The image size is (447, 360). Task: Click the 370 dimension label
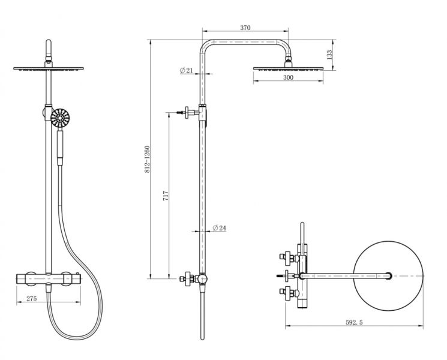(245, 28)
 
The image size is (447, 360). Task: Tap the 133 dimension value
(329, 55)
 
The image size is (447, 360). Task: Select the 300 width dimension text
(288, 77)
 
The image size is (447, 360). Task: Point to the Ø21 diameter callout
(187, 70)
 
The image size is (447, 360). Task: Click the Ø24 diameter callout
(219, 228)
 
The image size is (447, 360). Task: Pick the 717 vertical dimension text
(166, 196)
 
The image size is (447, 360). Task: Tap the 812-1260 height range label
(147, 159)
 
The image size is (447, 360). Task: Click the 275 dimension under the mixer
(32, 298)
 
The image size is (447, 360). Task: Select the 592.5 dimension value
(354, 322)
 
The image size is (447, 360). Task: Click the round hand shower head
(60, 118)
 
